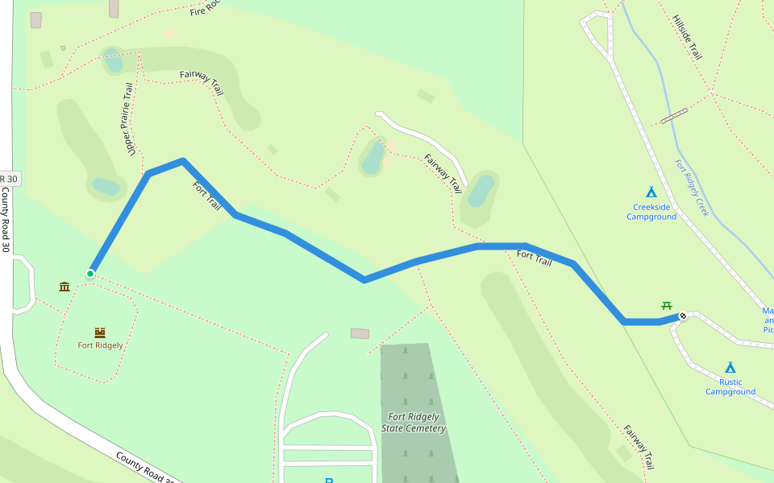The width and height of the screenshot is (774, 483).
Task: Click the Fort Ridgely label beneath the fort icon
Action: (100, 345)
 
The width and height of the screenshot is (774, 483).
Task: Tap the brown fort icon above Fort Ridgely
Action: (100, 332)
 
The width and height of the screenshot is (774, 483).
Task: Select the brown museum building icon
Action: (64, 287)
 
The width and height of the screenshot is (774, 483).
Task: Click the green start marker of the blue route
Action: (90, 274)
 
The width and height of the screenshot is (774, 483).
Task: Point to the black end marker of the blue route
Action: (683, 316)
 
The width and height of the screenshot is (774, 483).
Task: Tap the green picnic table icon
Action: (667, 305)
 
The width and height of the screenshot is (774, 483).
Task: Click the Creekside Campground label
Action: (651, 212)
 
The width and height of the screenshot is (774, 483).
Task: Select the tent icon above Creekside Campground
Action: (651, 192)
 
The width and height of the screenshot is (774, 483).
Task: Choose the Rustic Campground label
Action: (730, 387)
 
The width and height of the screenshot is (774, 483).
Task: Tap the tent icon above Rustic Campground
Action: (730, 367)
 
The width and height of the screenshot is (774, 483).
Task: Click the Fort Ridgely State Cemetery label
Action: (414, 423)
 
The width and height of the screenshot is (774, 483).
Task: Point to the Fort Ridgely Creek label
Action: (691, 188)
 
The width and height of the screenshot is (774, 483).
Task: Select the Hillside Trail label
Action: (687, 37)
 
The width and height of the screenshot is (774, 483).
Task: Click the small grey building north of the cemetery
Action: (360, 333)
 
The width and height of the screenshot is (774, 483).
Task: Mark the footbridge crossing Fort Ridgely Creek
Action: (674, 116)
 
